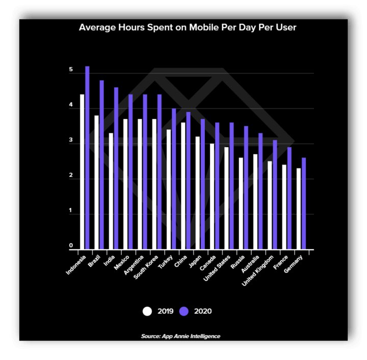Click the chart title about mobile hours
tap(188, 27)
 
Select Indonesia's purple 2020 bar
tap(87, 158)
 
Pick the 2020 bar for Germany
tap(304, 204)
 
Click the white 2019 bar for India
tap(111, 191)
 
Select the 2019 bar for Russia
tap(240, 204)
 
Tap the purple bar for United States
tap(231, 186)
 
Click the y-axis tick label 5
tap(71, 70)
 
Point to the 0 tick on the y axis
tap(71, 246)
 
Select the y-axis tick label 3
tap(71, 141)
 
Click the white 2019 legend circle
tap(148, 311)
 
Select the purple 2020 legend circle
tap(185, 311)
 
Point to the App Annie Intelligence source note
tap(181, 336)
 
